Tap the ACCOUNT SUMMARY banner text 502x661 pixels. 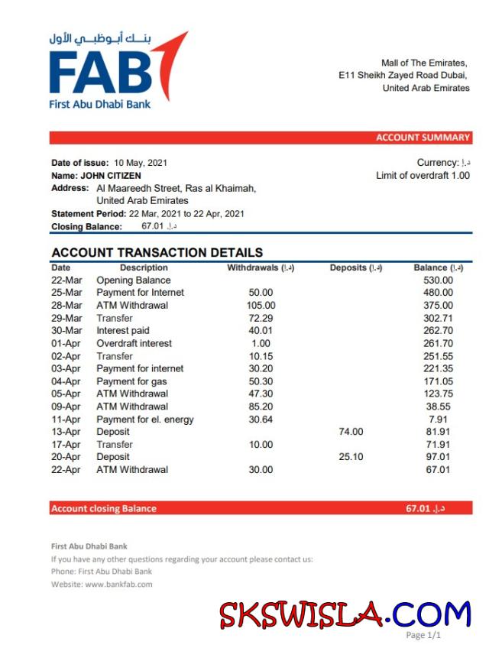pos(423,138)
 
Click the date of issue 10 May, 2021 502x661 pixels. pos(141,163)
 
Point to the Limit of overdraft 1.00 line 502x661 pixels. pos(423,176)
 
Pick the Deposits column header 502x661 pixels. pos(356,268)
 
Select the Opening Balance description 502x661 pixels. pos(134,280)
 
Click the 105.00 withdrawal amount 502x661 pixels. pos(261,306)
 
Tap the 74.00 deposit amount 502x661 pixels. pos(351,432)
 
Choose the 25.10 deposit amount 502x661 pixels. pos(351,457)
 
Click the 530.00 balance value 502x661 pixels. pos(439,280)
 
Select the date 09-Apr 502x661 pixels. pos(66,407)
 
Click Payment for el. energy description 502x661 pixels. pos(145,420)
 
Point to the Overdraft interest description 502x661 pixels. pos(134,344)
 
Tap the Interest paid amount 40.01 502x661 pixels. pos(261,331)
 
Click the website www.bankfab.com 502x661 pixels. pos(118,585)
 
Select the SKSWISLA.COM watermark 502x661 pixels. pos(345,615)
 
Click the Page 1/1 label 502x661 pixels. pos(423,635)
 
